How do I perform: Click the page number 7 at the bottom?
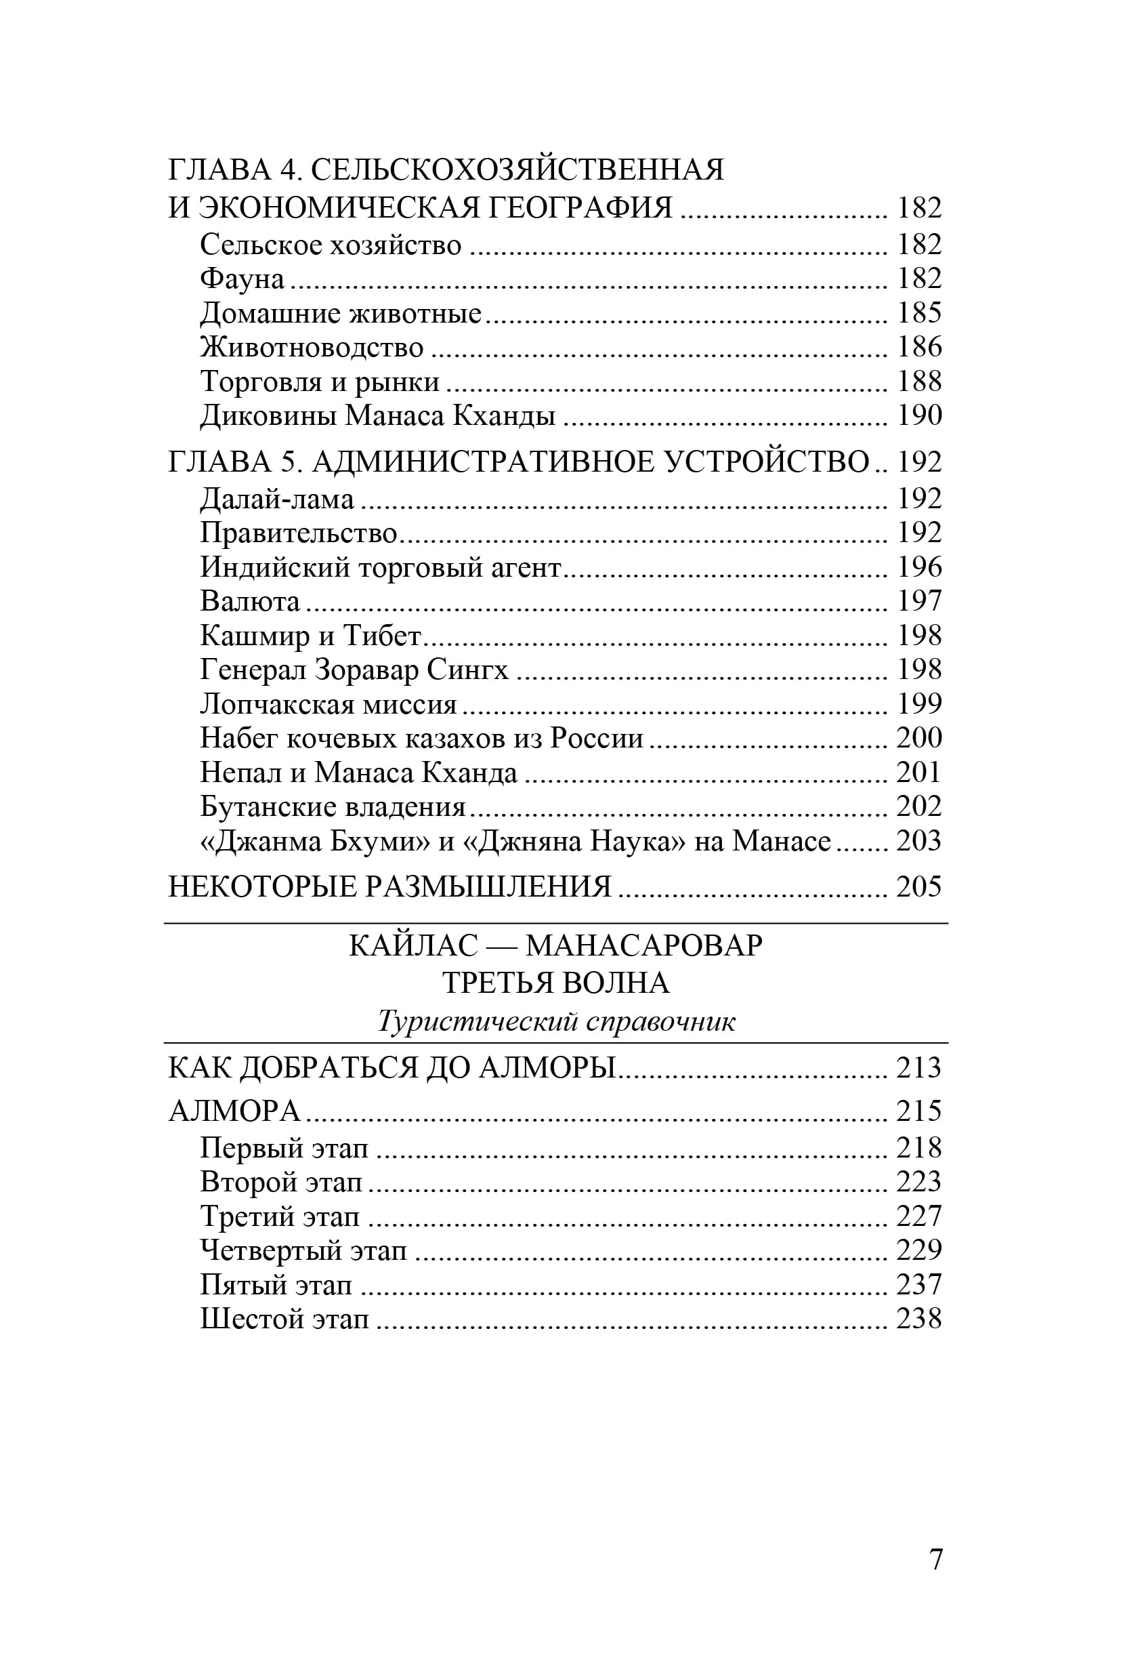coord(936,1559)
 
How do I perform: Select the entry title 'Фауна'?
coord(242,279)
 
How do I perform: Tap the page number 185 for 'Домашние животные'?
coord(919,313)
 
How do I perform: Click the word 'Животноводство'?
coord(312,348)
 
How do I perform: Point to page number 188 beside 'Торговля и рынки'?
coord(919,381)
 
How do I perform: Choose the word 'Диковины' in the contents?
coord(269,415)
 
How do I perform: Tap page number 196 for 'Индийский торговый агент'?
coord(919,567)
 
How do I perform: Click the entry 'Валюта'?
coord(250,602)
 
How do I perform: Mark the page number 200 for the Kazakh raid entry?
coord(919,738)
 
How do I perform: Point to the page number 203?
coord(919,841)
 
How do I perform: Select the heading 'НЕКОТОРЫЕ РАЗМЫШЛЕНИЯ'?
coord(389,888)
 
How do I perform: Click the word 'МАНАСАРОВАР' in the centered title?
coord(644,946)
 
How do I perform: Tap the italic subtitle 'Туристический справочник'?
coord(556,1021)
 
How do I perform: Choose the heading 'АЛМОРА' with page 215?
coord(234,1111)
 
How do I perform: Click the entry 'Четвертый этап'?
coord(303,1251)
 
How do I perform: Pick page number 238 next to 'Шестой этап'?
coord(919,1319)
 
